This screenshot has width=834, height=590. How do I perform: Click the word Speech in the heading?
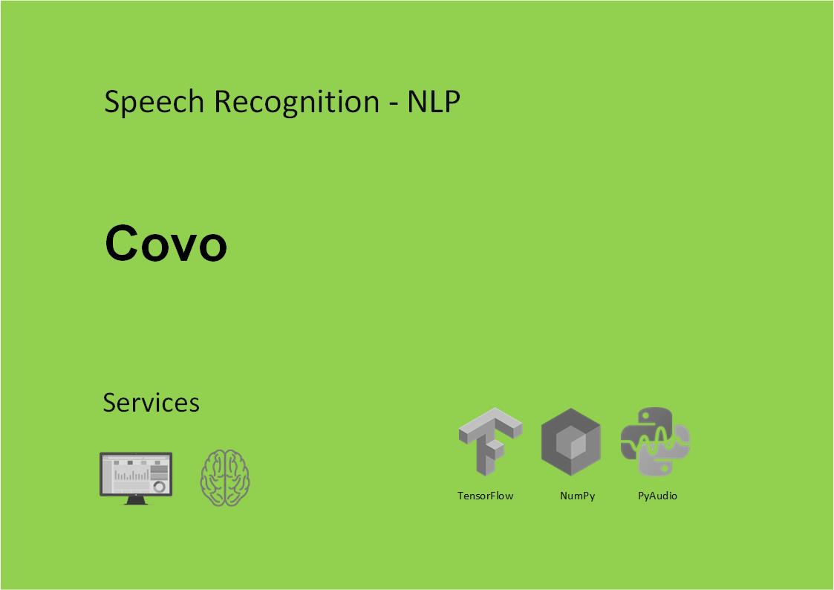click(154, 102)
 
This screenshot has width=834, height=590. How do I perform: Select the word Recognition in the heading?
click(297, 102)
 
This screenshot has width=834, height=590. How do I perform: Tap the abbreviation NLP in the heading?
click(434, 101)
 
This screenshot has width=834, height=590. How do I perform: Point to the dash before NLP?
click(394, 104)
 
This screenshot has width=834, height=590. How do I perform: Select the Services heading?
click(151, 403)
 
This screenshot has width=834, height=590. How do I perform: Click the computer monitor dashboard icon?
click(136, 478)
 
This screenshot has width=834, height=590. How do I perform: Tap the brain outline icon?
click(225, 478)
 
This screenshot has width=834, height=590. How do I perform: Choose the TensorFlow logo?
click(490, 441)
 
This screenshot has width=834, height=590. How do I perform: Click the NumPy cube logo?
click(570, 441)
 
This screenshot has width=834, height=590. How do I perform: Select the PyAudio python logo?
click(655, 441)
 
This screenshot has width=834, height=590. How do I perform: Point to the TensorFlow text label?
click(485, 496)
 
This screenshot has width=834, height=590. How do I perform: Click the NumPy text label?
click(577, 496)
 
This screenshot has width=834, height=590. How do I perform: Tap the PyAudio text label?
click(657, 496)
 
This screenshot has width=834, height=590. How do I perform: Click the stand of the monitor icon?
click(136, 500)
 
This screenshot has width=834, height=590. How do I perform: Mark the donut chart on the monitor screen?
click(159, 486)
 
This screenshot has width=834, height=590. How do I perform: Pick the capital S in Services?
click(110, 403)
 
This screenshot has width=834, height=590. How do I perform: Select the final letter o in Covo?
click(214, 247)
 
